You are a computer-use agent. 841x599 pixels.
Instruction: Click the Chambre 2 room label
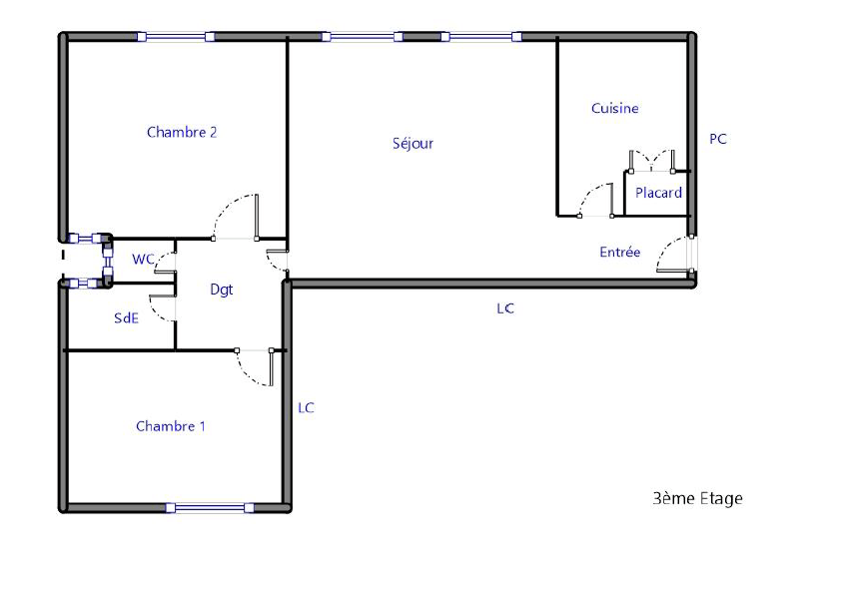tap(182, 132)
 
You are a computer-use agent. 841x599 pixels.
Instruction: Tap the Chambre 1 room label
tap(171, 426)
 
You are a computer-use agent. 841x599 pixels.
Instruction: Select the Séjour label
tap(413, 143)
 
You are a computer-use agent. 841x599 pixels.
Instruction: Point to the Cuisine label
tap(614, 109)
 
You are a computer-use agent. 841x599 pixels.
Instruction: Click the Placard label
tap(658, 193)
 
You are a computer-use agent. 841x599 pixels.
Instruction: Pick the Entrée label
tap(620, 252)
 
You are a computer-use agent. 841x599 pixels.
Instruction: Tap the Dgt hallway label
tap(222, 290)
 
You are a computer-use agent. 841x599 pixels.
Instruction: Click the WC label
tap(143, 259)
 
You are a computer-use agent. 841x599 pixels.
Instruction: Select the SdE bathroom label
tap(127, 318)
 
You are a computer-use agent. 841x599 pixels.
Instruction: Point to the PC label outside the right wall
tap(717, 139)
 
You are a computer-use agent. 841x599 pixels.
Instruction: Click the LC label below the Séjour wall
tap(505, 308)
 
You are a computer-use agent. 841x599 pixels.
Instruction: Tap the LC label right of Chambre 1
tap(306, 408)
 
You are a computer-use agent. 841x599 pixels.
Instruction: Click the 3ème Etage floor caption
tap(697, 499)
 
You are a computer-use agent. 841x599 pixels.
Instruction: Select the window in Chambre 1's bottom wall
tap(210, 508)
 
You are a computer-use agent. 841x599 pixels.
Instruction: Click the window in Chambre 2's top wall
tap(176, 37)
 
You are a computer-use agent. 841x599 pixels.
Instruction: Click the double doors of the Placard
tap(651, 161)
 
